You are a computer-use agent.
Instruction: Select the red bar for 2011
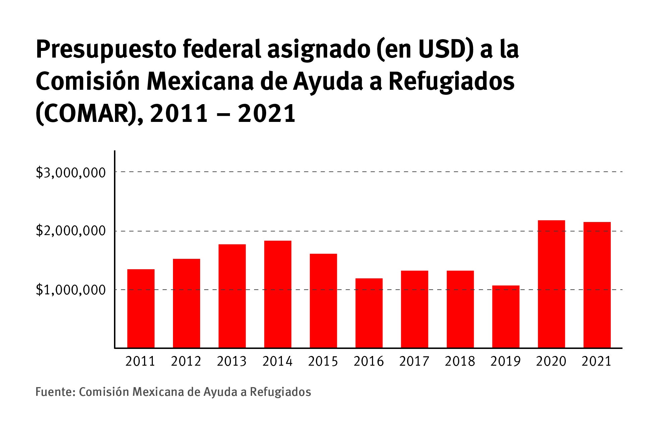(x=141, y=308)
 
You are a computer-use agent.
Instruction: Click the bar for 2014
(x=278, y=294)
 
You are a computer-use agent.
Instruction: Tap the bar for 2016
(x=369, y=313)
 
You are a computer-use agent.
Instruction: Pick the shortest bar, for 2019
(x=506, y=316)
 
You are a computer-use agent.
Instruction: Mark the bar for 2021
(x=597, y=285)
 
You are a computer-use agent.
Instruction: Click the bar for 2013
(x=232, y=296)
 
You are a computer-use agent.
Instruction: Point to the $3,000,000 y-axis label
(x=70, y=173)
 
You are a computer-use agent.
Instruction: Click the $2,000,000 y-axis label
(x=70, y=231)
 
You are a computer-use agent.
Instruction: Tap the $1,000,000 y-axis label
(x=70, y=290)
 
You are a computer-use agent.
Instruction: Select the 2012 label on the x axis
(x=186, y=361)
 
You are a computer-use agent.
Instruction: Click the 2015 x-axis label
(x=323, y=361)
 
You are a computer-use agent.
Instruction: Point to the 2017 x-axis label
(x=414, y=361)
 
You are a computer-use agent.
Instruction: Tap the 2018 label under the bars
(x=460, y=361)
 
